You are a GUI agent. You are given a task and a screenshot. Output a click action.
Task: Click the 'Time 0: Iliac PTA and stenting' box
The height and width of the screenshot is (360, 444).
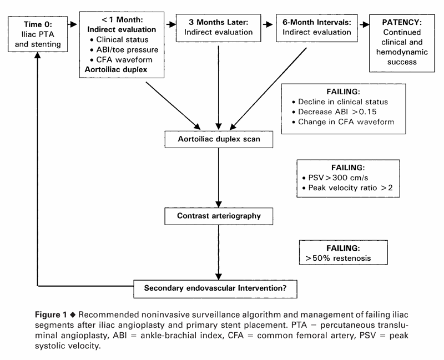point(37,35)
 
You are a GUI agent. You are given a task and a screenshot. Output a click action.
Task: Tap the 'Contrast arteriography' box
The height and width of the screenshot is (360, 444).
point(220,215)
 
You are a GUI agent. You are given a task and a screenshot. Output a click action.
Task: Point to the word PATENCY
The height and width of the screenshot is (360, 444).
point(401,24)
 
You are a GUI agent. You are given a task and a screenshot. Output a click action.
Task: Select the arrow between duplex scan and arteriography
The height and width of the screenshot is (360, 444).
point(220,178)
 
